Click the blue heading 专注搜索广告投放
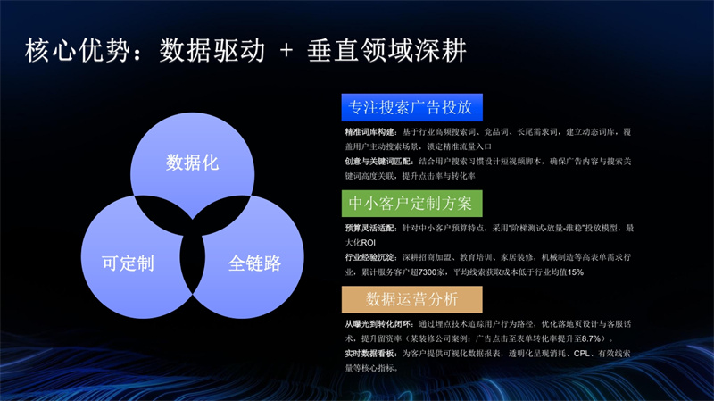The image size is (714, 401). click(411, 107)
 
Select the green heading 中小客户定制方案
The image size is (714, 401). click(411, 204)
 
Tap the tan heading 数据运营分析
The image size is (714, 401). click(411, 299)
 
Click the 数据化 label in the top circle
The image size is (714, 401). click(192, 163)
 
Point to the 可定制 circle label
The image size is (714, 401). click(128, 263)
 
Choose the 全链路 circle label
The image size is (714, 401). click(254, 263)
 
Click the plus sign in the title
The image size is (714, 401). click(286, 50)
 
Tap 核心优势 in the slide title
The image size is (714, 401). click(78, 50)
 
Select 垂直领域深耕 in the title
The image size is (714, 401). click(386, 50)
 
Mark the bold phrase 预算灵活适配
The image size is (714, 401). click(369, 228)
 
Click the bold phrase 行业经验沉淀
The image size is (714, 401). click(369, 257)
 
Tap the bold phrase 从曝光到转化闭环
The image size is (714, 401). click(378, 324)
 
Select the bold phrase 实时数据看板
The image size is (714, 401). click(369, 353)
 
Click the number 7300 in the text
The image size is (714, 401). click(428, 272)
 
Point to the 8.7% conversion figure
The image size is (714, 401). click(592, 338)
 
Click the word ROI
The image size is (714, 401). click(369, 243)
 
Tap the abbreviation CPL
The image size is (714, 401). click(582, 353)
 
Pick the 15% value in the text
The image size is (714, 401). click(576, 272)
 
